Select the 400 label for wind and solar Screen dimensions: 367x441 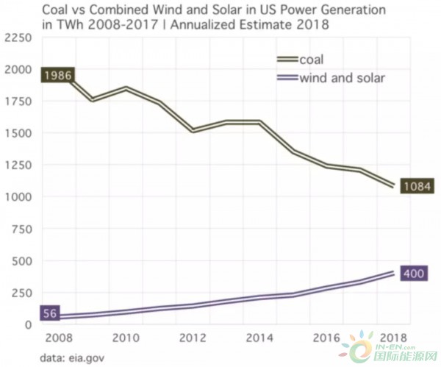point(414,274)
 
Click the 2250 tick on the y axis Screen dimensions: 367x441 point(18,37)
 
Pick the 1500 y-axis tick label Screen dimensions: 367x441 point(20,132)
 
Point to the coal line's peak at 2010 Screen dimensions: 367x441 point(127,88)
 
